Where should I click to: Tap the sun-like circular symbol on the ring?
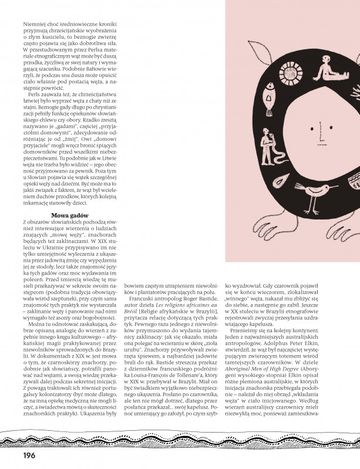pyautogui.click(x=306, y=75)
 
